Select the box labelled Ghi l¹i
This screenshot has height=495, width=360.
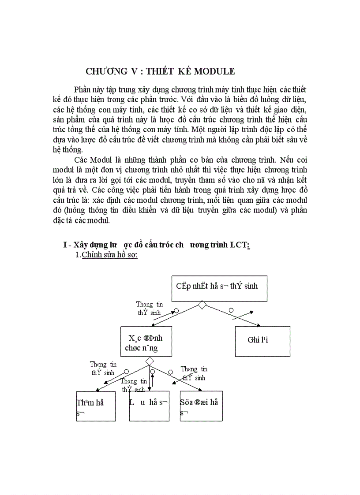click(262, 341)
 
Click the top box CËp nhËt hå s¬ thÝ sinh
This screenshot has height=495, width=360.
click(219, 288)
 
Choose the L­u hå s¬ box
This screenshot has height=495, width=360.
click(149, 406)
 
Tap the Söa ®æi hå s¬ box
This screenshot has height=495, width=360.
click(201, 406)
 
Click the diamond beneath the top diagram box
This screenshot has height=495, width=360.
click(202, 305)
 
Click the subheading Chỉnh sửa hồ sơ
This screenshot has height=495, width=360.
click(109, 255)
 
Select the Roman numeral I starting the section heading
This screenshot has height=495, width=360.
click(65, 246)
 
